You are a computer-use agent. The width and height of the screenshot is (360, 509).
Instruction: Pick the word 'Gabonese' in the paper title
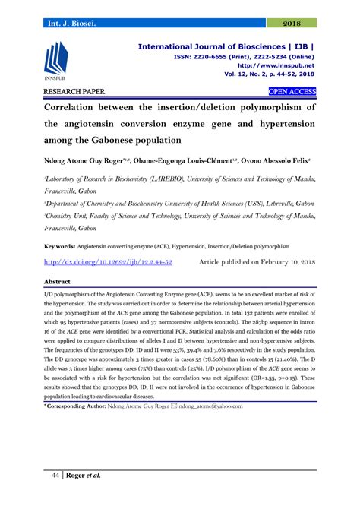[x=145, y=141]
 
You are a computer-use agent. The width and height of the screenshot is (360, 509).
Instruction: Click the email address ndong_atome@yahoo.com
[x=206, y=405]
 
